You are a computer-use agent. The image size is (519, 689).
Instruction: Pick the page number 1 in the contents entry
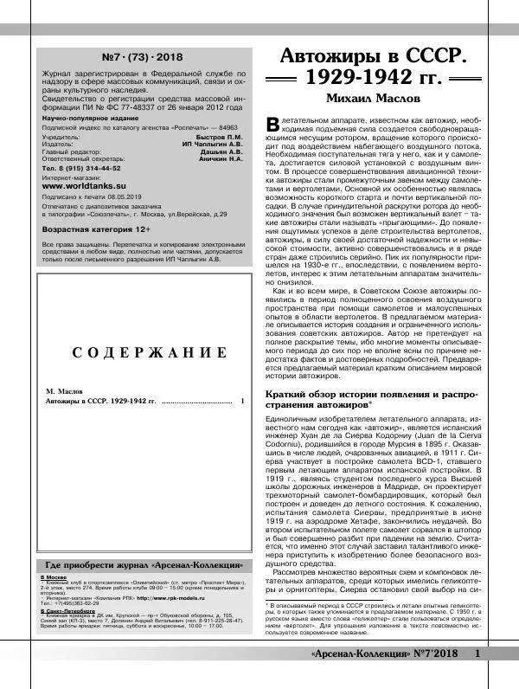[x=243, y=402]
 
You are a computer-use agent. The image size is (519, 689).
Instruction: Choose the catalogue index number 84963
[x=230, y=126]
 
